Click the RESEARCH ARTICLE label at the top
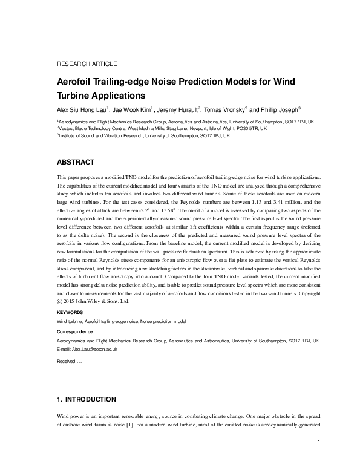tap(87, 64)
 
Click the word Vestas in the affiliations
tap(66, 129)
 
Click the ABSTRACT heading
tap(75, 163)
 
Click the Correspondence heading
tap(74, 332)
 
